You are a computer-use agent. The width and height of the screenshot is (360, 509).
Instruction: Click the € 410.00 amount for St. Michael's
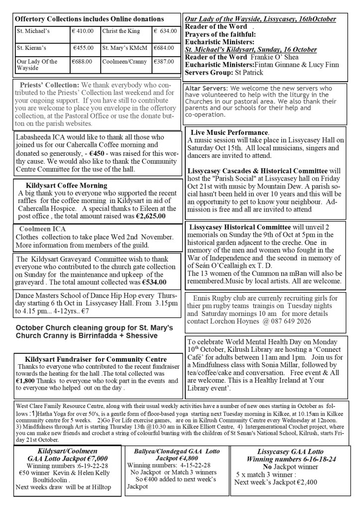[x=83, y=31]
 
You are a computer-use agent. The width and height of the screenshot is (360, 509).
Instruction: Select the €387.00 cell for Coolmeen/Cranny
[x=163, y=62]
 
